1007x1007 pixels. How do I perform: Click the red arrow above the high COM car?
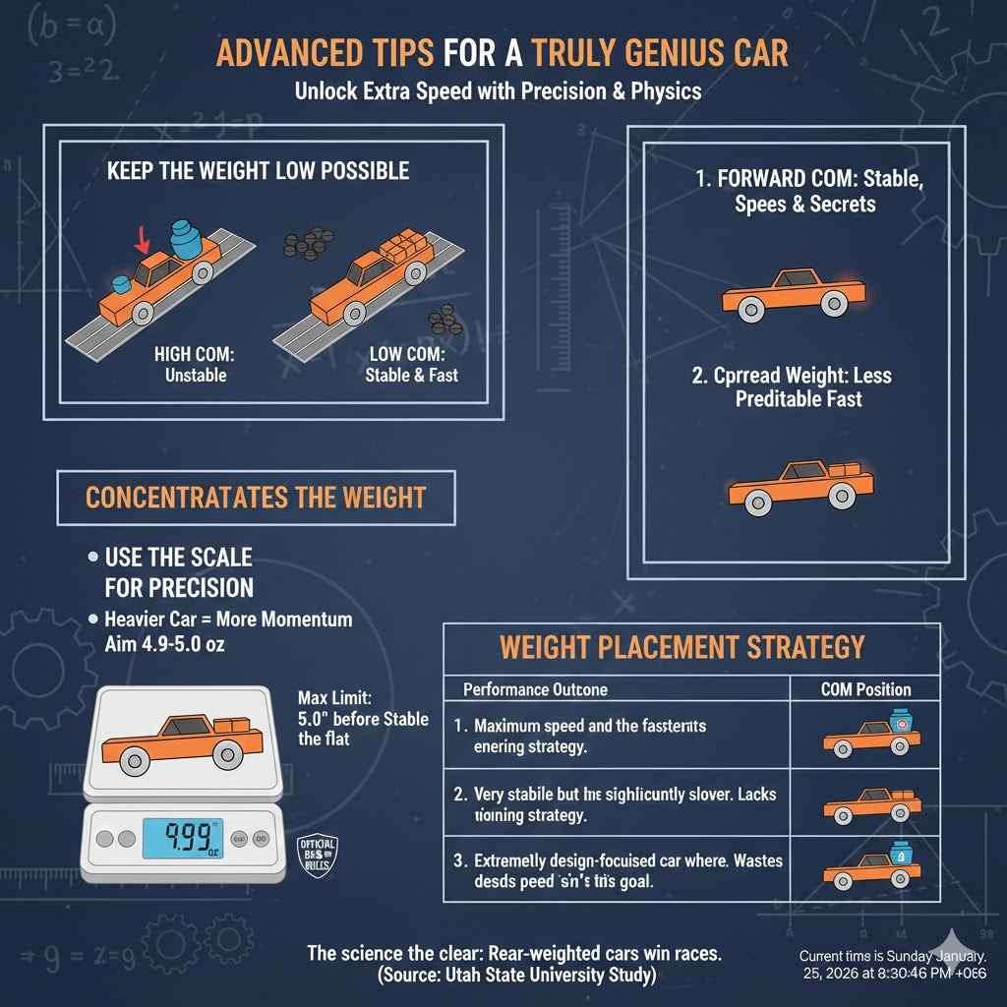[143, 238]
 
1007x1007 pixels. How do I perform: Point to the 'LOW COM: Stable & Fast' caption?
[411, 364]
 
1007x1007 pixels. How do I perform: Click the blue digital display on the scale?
[182, 839]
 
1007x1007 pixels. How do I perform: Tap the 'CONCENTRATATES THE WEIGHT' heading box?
[256, 498]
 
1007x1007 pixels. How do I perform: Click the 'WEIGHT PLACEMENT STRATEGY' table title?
[681, 647]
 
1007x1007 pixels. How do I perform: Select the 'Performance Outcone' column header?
[535, 689]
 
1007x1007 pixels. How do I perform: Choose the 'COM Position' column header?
[865, 689]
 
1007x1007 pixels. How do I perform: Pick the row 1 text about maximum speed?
[590, 737]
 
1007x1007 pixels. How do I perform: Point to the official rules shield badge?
[317, 858]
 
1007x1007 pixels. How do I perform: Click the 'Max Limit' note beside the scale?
[362, 719]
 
